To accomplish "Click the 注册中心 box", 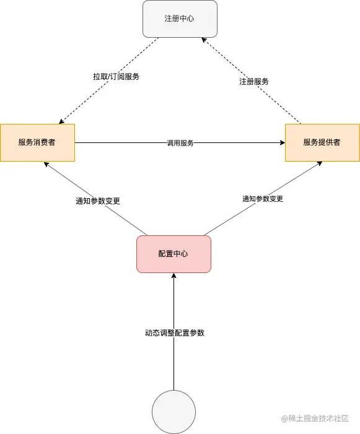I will click(180, 19).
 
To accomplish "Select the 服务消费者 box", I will click(37, 142).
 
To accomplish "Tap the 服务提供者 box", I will click(322, 142).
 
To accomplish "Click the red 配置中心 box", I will click(173, 254).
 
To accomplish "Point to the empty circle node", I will click(173, 412).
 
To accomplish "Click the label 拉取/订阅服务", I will click(116, 77).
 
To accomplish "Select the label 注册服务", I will click(254, 82).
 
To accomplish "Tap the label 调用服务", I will click(180, 143).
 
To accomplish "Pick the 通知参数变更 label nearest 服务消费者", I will click(98, 201).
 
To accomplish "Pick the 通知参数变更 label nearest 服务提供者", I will click(263, 199).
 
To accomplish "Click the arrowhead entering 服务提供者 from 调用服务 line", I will click(282, 143).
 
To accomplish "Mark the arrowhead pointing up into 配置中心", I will click(173, 276).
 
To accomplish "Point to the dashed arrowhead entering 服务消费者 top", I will click(61, 121).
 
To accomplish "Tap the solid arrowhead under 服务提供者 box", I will click(320, 163).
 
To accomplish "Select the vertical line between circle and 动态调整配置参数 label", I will click(173, 365).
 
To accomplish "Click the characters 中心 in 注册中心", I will click(187, 19).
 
